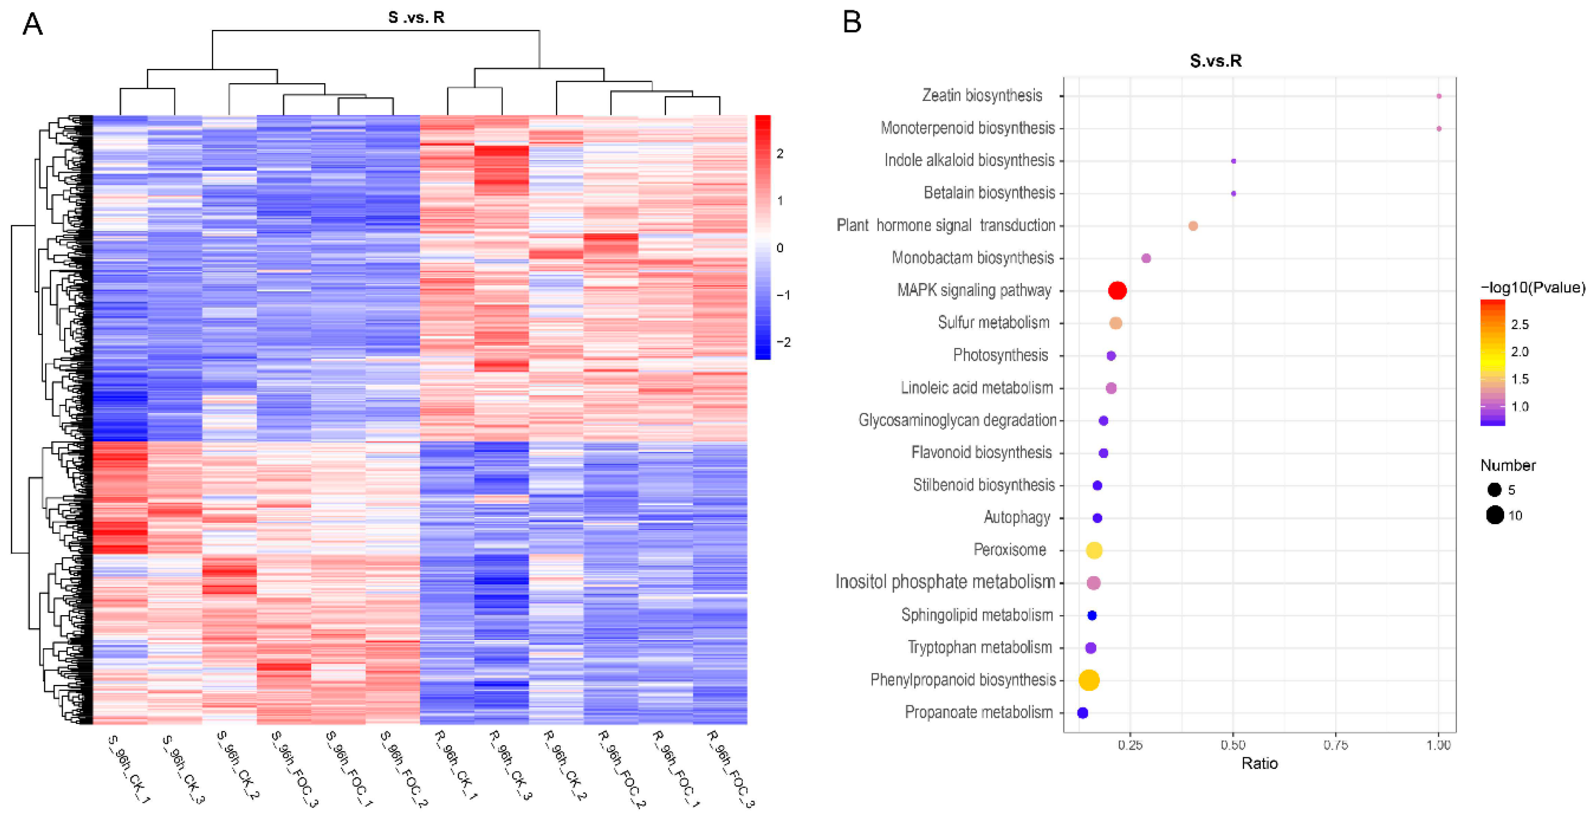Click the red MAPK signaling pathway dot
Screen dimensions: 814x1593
pos(1117,291)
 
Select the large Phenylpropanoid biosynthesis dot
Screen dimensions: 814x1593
pos(1089,680)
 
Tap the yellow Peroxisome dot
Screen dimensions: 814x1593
pos(1094,550)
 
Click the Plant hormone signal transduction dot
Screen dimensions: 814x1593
pos(1193,226)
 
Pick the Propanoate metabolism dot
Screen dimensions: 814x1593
pos(1082,713)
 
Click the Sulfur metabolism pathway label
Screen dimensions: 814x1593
pos(993,323)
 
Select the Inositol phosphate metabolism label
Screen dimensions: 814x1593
pos(945,582)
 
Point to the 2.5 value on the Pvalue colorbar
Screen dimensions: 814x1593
pos(1519,324)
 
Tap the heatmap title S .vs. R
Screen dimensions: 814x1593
pos(416,17)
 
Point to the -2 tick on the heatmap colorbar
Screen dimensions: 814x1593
pos(783,342)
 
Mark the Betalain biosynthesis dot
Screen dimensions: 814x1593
pos(1233,194)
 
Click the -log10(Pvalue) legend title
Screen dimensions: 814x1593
pos(1532,287)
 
